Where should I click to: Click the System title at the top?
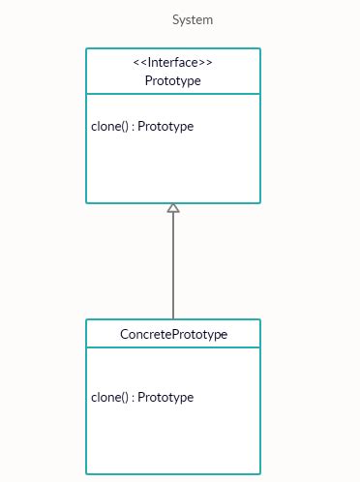(x=193, y=19)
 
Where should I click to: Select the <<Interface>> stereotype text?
(x=173, y=63)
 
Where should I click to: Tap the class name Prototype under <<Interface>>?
(x=173, y=80)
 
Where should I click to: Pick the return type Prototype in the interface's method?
(x=165, y=127)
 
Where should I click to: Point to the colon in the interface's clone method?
(x=134, y=127)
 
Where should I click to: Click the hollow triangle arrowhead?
(x=173, y=208)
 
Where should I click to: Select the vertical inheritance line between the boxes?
(x=173, y=266)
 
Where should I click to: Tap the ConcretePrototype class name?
(x=173, y=334)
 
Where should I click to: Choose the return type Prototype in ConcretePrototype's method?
(x=165, y=397)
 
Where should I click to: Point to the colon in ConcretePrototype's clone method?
(x=134, y=397)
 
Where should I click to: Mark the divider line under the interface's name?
(x=173, y=94)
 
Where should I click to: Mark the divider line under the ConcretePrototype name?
(x=173, y=347)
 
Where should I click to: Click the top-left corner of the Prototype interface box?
(x=87, y=49)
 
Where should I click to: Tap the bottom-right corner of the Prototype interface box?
(x=259, y=202)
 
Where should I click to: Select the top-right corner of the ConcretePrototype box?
(x=259, y=320)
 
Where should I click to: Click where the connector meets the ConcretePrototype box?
(x=173, y=319)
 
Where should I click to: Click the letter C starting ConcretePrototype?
(x=124, y=334)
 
